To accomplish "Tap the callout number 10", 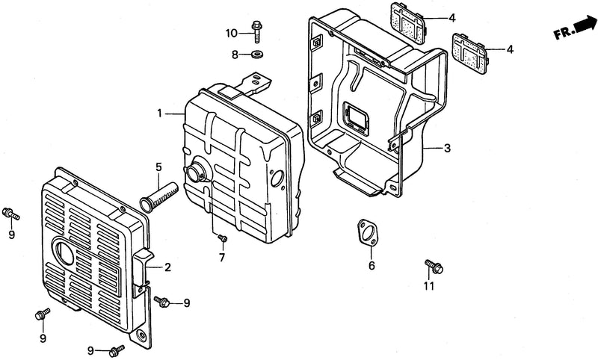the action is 232,34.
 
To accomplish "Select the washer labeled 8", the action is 257,53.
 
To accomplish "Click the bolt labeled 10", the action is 256,32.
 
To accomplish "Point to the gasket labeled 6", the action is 366,232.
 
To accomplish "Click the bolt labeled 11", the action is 434,266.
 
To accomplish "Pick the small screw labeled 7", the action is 223,238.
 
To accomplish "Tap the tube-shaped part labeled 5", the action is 158,196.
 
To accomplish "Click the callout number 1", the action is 160,114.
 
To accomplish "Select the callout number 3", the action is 447,148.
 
